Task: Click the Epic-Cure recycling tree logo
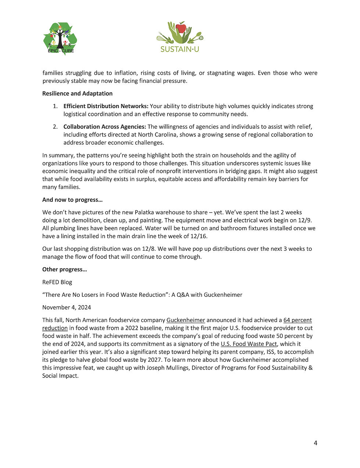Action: click(x=60, y=38)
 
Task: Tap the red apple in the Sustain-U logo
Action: click(x=181, y=28)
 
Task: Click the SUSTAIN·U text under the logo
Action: click(x=180, y=49)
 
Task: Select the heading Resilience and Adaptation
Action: click(x=78, y=93)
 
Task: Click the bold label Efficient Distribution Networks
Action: click(x=106, y=106)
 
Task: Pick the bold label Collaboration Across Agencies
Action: click(x=105, y=127)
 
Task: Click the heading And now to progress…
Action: click(x=72, y=200)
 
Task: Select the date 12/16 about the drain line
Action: click(x=199, y=236)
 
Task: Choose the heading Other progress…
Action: click(x=65, y=269)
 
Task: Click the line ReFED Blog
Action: click(x=57, y=282)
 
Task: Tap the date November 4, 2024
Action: click(x=66, y=307)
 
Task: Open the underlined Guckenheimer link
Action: click(x=186, y=320)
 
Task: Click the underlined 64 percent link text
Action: click(x=298, y=320)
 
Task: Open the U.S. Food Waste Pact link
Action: click(x=249, y=344)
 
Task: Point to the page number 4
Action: click(x=316, y=443)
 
